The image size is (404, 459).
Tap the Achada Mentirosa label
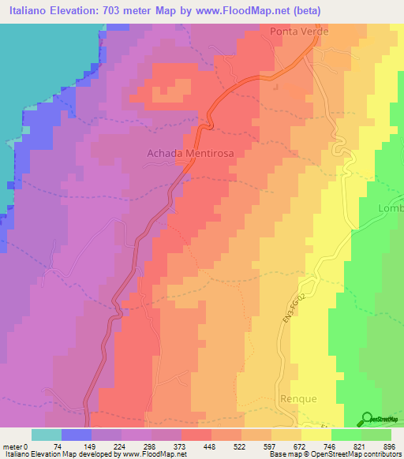pos(191,155)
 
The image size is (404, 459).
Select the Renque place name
pos(299,399)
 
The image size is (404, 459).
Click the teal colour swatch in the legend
pos(47,435)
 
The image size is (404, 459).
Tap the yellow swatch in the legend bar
pos(316,435)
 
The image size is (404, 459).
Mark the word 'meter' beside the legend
pos(13,446)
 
